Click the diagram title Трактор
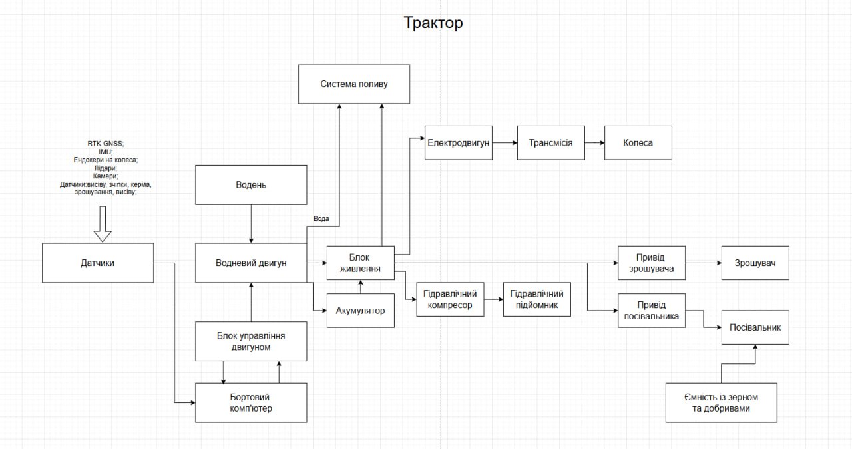point(433,23)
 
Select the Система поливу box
point(353,84)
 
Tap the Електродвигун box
point(459,142)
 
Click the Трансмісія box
point(550,142)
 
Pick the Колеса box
point(638,142)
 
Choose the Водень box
point(251,185)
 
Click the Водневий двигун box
point(251,263)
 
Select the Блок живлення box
point(360,263)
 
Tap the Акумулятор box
point(360,311)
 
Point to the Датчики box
point(98,263)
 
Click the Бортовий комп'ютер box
point(251,402)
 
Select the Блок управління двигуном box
point(251,341)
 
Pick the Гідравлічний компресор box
point(450,299)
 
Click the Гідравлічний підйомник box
point(536,299)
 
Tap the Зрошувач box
point(755,263)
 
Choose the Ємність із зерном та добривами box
point(721,402)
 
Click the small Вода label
point(321,218)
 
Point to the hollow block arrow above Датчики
point(102,225)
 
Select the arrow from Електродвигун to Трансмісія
point(505,142)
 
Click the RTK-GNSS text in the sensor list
point(105,143)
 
